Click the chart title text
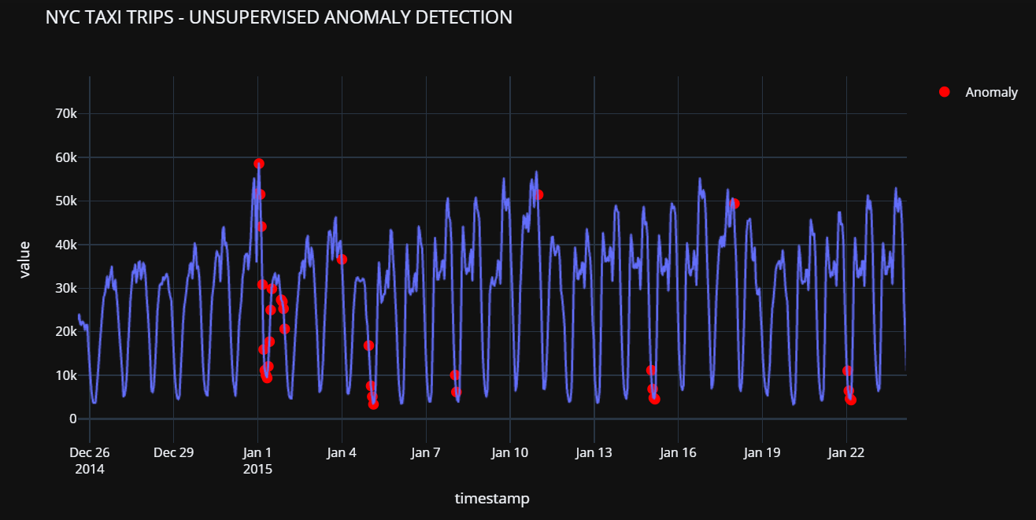(279, 17)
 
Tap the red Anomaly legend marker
(945, 92)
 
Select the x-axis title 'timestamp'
(492, 498)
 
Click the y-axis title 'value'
(24, 260)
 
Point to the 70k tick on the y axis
(65, 114)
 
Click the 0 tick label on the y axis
(73, 419)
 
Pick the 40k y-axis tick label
(65, 245)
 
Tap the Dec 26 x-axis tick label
(90, 452)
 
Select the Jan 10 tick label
(509, 452)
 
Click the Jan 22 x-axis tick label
(846, 452)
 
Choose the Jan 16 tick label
(678, 452)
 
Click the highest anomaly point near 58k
(259, 164)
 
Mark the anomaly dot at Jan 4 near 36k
(342, 260)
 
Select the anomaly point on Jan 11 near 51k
(538, 195)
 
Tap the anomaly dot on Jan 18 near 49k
(734, 204)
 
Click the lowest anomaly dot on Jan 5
(374, 404)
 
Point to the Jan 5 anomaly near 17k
(368, 345)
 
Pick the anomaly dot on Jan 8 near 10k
(455, 375)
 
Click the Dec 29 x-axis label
(173, 452)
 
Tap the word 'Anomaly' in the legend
(992, 93)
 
